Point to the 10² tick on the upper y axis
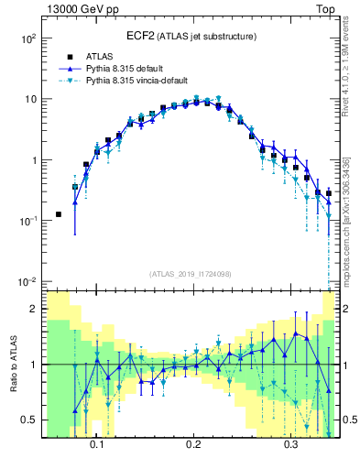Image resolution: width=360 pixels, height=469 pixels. coord(28,39)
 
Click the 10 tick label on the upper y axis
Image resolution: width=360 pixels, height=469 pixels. coord(30,99)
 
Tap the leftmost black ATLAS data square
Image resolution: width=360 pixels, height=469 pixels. coord(59,214)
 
